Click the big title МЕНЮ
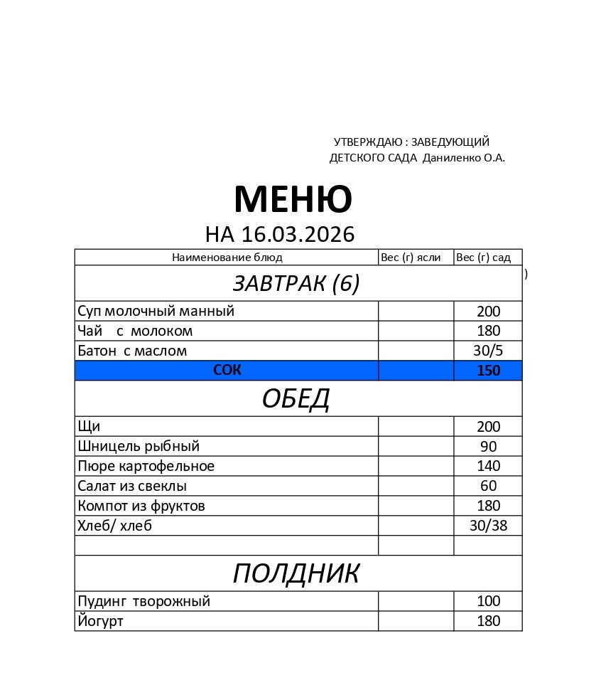click(x=293, y=199)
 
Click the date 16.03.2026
click(x=298, y=234)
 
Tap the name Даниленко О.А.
click(x=463, y=158)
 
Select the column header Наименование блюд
click(x=227, y=258)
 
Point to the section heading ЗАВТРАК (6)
click(x=296, y=283)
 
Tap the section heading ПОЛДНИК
click(x=296, y=573)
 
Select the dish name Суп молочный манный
click(x=156, y=311)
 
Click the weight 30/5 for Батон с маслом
click(x=488, y=351)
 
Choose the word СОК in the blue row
click(x=227, y=370)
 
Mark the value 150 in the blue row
click(x=488, y=371)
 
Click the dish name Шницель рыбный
click(x=139, y=446)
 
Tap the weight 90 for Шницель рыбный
click(x=488, y=447)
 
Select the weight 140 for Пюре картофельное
click(x=488, y=466)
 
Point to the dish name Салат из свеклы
click(x=132, y=486)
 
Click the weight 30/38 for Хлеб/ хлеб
click(x=488, y=526)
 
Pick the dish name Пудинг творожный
click(x=144, y=601)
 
